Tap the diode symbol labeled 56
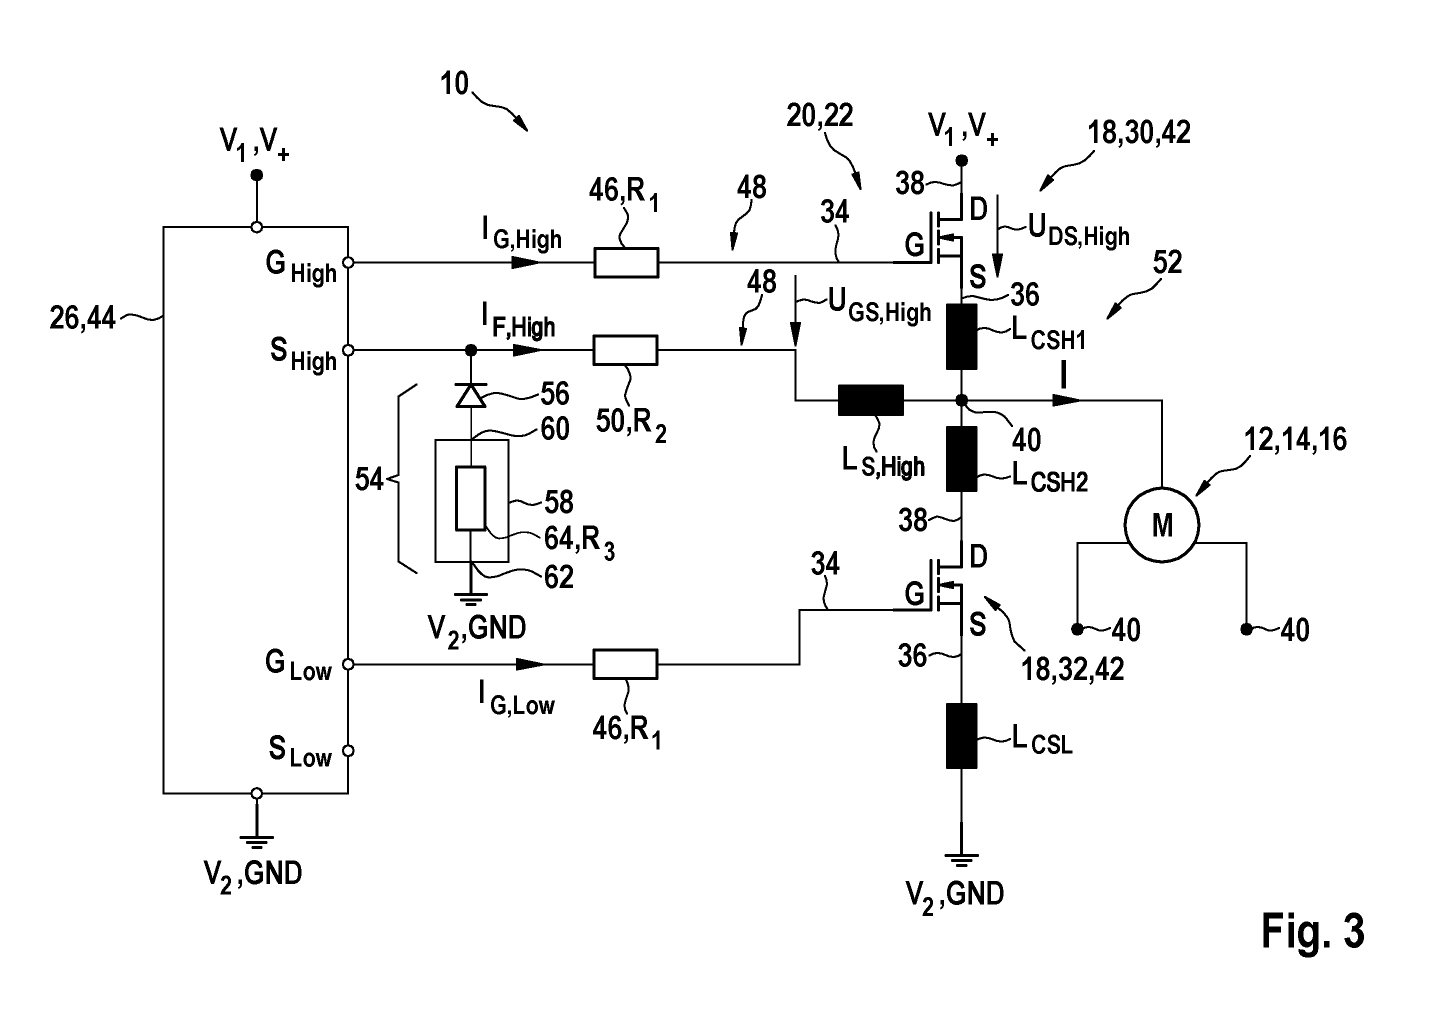(471, 395)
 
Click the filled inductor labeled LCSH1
(961, 336)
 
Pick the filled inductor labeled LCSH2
(961, 458)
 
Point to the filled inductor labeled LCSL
(961, 736)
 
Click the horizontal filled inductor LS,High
(870, 400)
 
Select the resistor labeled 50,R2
(625, 350)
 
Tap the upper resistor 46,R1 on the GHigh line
(626, 262)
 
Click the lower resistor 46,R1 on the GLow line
(625, 664)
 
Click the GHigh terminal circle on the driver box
(347, 262)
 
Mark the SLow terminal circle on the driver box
(347, 751)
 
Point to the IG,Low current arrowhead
(530, 664)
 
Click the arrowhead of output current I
(1066, 400)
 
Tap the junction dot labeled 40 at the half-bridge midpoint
(961, 400)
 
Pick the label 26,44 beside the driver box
(82, 318)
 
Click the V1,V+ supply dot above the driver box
(256, 175)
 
